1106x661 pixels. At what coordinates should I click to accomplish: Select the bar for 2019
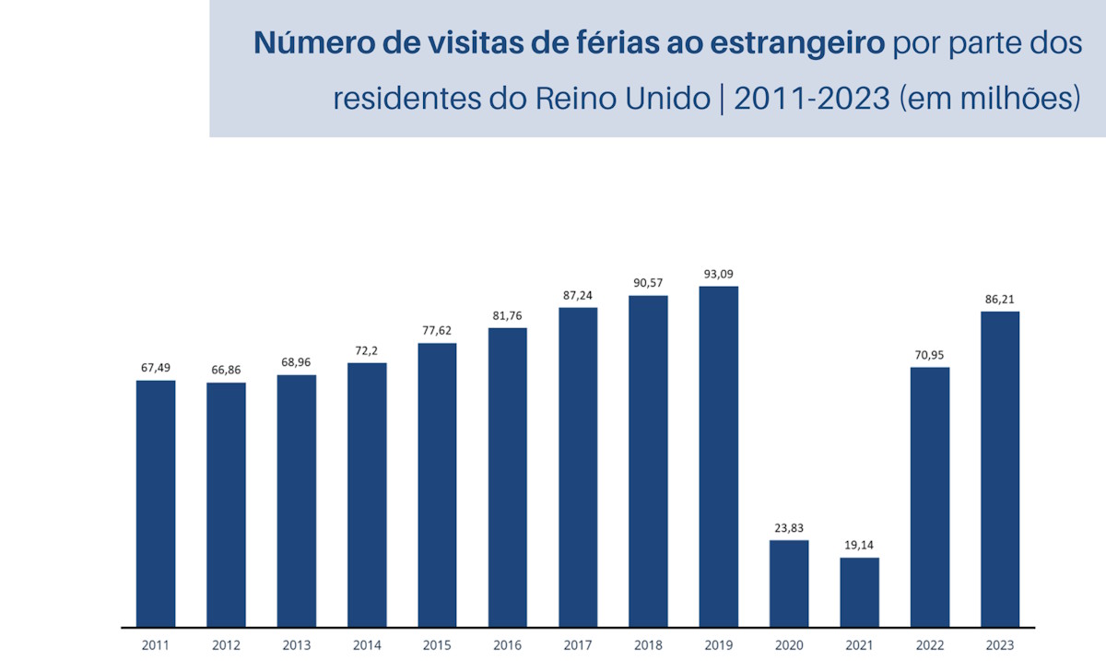[x=718, y=456]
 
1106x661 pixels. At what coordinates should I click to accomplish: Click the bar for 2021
[x=859, y=592]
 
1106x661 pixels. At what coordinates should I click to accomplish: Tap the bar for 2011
[x=156, y=503]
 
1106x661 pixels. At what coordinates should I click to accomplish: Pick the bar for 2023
[x=1000, y=468]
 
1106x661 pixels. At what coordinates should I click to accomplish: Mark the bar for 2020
[x=789, y=583]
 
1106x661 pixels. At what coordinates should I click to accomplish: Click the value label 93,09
[x=718, y=274]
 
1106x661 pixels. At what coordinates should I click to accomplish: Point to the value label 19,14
[x=859, y=545]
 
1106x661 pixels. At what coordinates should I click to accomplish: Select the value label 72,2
[x=367, y=350]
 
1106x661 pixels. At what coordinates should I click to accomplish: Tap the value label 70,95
[x=930, y=355]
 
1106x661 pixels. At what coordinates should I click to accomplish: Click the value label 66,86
[x=226, y=370]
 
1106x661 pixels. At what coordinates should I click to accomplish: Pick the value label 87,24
[x=578, y=295]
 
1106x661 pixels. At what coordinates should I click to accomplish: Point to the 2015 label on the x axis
[x=437, y=645]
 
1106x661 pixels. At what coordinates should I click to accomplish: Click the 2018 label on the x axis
[x=648, y=645]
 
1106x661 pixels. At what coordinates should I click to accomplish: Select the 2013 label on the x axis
[x=296, y=645]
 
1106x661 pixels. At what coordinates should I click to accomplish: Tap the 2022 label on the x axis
[x=930, y=645]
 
